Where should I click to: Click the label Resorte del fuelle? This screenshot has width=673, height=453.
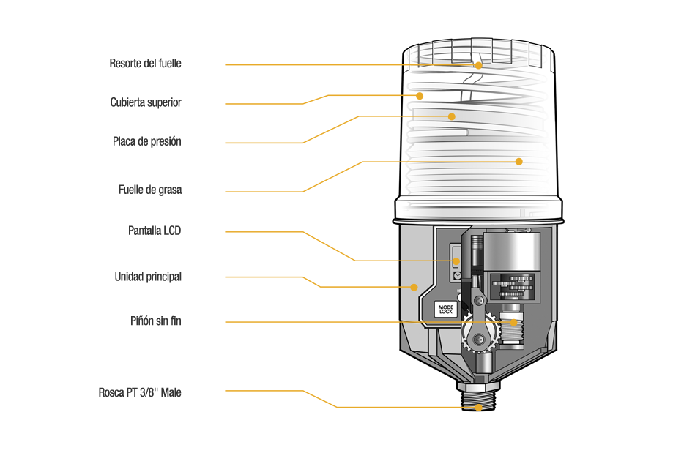(146, 64)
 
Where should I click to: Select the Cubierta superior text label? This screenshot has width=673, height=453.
(146, 102)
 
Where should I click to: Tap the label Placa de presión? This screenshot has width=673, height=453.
(146, 141)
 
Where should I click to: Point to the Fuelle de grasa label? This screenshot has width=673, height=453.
(150, 190)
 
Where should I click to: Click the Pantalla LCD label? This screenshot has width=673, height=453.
(155, 230)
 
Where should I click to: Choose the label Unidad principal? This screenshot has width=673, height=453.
(148, 277)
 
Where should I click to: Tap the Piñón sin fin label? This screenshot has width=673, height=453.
(155, 321)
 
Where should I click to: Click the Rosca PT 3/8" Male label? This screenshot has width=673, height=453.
(140, 392)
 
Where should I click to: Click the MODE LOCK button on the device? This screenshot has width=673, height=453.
(446, 310)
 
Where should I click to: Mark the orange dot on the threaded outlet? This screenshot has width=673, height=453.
(478, 407)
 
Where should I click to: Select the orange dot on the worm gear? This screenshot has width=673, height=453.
(513, 322)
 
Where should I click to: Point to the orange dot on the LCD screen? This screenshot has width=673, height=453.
(456, 261)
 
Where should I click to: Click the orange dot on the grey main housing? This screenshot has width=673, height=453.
(414, 287)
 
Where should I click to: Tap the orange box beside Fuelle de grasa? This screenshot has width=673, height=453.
(264, 176)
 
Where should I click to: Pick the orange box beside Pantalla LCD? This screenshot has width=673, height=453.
(264, 247)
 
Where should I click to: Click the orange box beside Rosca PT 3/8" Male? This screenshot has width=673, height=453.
(264, 399)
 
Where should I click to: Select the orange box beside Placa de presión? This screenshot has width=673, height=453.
(264, 130)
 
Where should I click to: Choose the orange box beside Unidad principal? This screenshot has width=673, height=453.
(264, 282)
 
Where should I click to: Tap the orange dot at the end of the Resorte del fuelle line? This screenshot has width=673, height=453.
(478, 65)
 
